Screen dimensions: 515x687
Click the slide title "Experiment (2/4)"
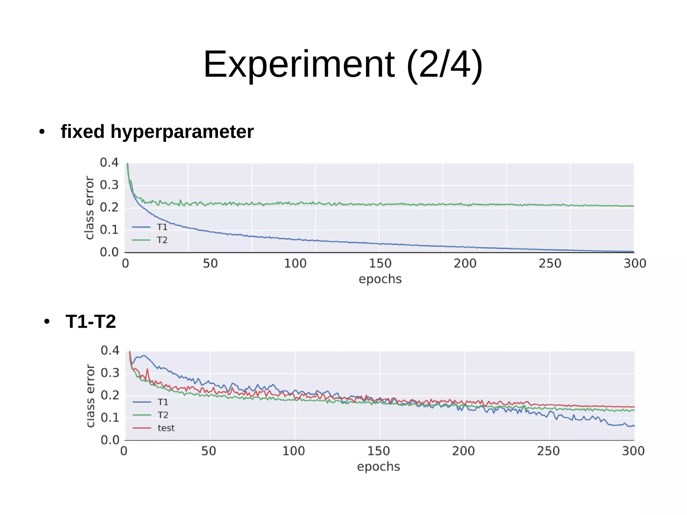tap(343, 64)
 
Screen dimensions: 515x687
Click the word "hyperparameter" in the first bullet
tap(182, 132)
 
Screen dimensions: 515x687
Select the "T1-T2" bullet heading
tap(91, 321)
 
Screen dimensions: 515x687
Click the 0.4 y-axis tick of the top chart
tap(109, 162)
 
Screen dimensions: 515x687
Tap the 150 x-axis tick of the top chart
tap(380, 263)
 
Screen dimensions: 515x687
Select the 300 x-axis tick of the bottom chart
tap(633, 451)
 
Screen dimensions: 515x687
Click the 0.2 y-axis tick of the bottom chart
tap(110, 395)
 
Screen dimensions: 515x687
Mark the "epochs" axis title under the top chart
tap(380, 279)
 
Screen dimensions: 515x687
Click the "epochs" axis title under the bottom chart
tap(378, 467)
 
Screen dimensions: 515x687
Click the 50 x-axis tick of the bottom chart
tap(209, 451)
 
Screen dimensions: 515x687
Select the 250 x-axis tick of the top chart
tap(550, 263)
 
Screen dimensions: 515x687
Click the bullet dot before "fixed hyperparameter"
tap(42, 132)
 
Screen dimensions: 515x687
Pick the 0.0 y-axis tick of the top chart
tap(109, 252)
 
